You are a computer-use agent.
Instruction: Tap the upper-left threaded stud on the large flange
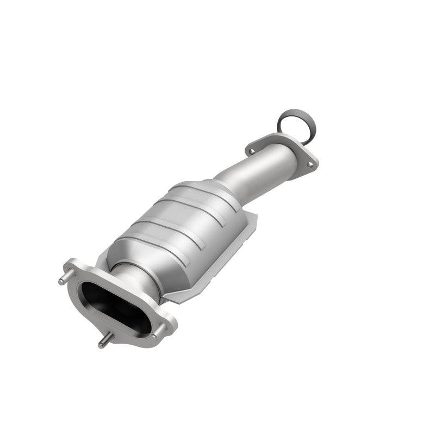tap(61, 281)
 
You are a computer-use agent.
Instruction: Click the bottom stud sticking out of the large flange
tap(102, 344)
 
